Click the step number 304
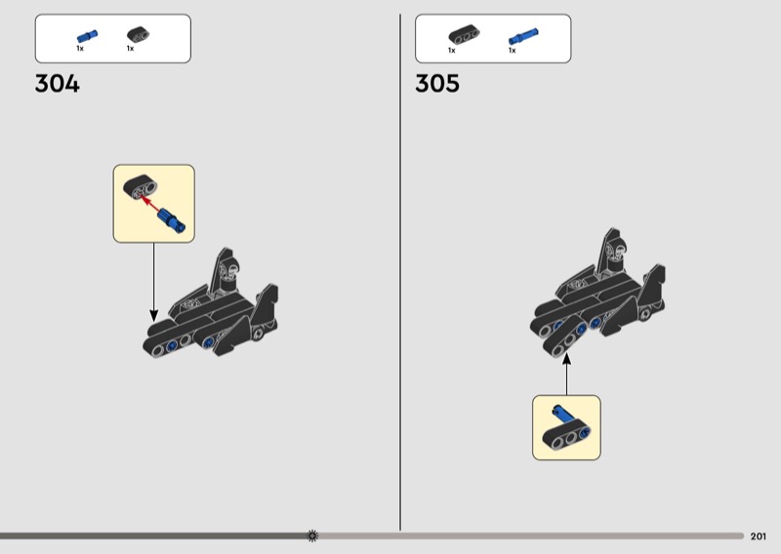point(57,84)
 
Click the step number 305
point(437,84)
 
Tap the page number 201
point(759,535)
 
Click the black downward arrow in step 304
point(153,283)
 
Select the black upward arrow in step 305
point(566,375)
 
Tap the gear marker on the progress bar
point(312,535)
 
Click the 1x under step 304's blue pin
point(81,49)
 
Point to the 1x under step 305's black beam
point(452,50)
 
